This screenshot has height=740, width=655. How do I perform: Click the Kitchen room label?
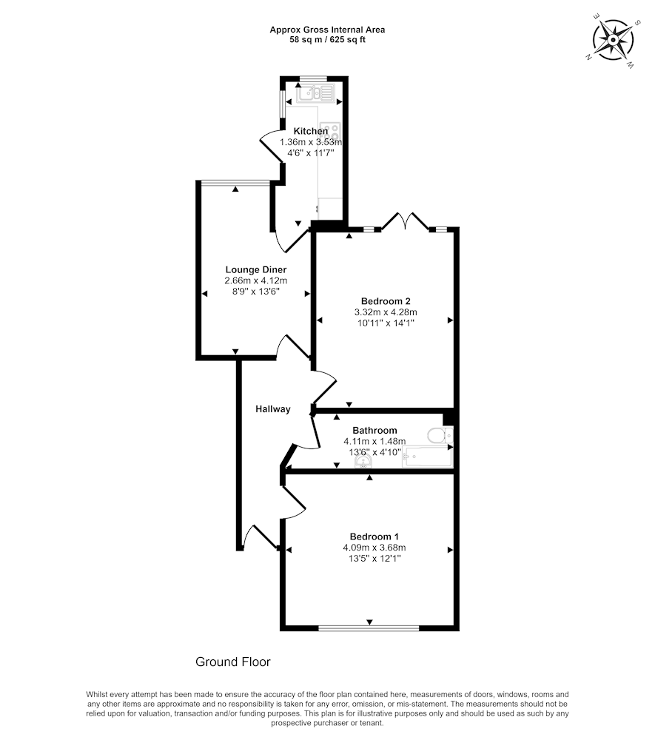click(311, 131)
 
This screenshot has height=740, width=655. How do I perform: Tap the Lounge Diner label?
click(256, 270)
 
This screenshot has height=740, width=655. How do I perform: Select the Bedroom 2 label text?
click(386, 301)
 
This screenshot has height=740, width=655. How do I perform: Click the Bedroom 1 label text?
click(374, 536)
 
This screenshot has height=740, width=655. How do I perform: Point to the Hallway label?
click(273, 409)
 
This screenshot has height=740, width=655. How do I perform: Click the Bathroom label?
click(374, 431)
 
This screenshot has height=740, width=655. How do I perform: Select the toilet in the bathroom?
click(440, 435)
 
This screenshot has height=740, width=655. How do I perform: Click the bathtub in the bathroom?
click(427, 457)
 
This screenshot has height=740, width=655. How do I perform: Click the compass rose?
click(613, 40)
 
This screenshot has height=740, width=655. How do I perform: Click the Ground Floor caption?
click(233, 662)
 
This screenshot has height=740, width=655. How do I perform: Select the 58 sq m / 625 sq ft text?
click(327, 40)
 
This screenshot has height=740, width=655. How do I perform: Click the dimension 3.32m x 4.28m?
click(386, 312)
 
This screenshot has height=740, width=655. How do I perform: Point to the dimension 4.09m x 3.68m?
click(374, 548)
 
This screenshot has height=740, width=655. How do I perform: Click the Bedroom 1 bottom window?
click(369, 628)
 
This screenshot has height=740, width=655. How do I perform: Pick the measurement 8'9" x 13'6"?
click(256, 292)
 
